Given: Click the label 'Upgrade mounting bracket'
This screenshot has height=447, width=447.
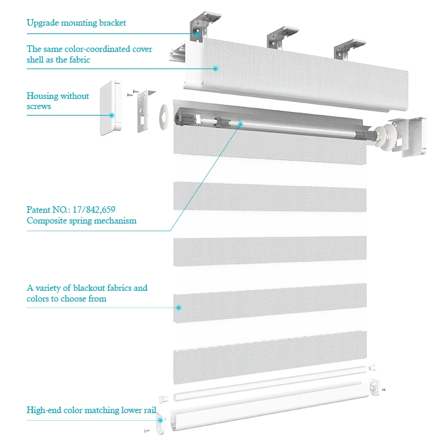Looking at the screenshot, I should (x=76, y=23).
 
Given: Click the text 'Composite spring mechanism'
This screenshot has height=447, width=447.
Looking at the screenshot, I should (x=82, y=221).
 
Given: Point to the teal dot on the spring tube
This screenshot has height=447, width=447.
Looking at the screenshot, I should (x=240, y=124).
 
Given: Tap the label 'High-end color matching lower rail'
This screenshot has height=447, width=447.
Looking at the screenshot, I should (x=91, y=410).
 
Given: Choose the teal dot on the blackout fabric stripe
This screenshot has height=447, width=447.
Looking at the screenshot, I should (x=178, y=308).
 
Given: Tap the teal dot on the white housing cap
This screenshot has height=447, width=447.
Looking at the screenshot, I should (x=111, y=114).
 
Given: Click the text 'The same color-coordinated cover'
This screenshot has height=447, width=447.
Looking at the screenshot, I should (x=89, y=49).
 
